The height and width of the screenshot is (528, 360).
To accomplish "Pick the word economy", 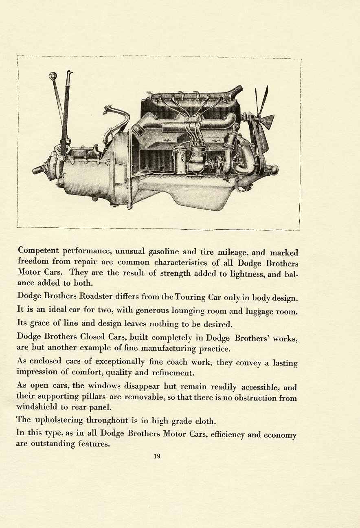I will click(x=280, y=435).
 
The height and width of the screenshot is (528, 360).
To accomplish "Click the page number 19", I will click(x=157, y=456).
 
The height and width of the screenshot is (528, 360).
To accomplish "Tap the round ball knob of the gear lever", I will click(x=53, y=76).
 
